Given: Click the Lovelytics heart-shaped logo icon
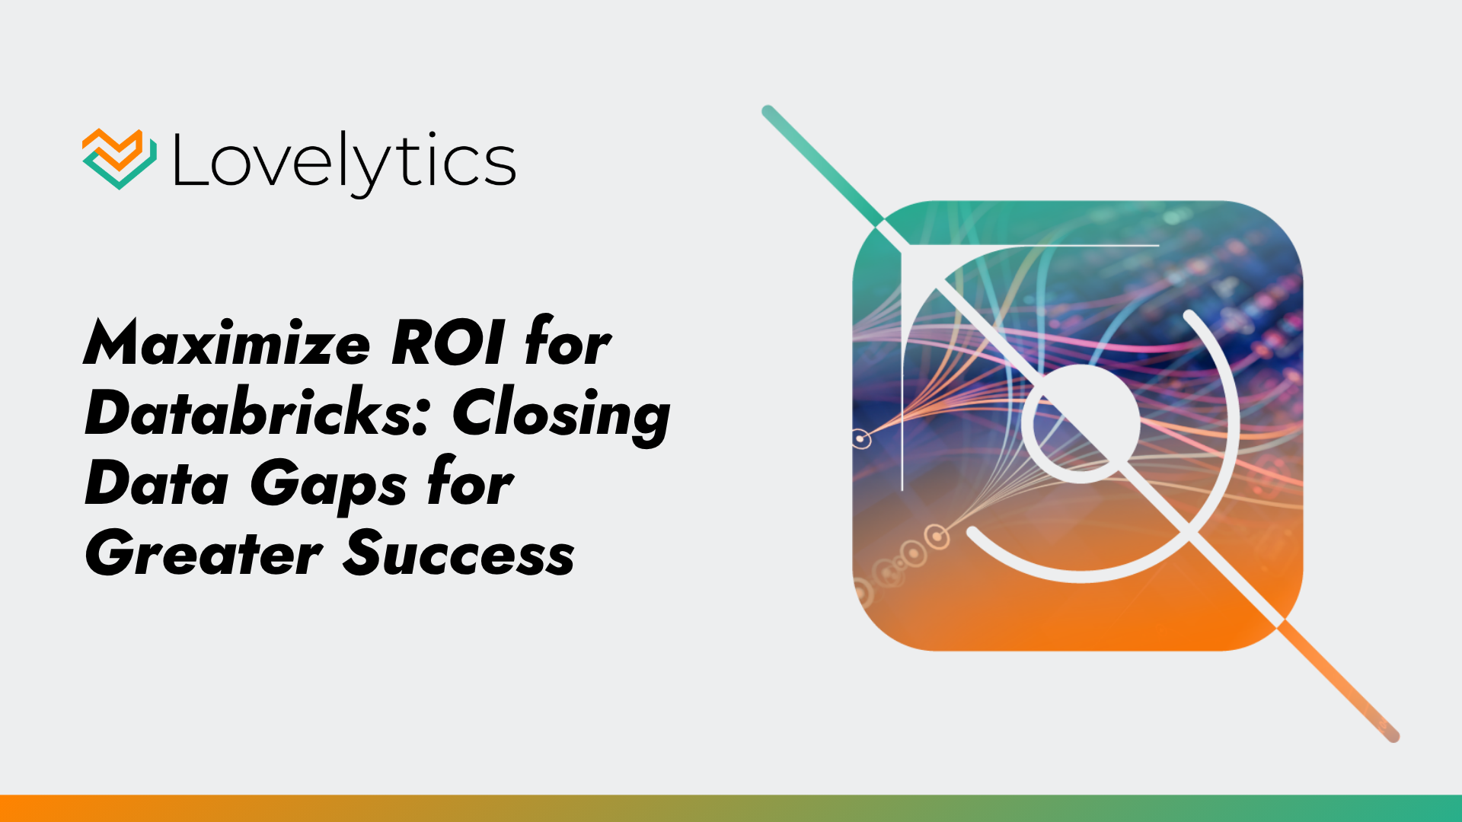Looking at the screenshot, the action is coord(120,159).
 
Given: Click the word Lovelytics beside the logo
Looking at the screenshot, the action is coord(344,162).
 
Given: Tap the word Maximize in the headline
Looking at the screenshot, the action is coord(227,344).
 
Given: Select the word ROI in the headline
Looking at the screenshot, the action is coord(447,344).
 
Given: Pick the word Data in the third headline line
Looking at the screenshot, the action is coord(157,484).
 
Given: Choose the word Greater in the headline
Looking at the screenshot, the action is coord(204,554).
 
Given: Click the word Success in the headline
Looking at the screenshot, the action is coord(458,554).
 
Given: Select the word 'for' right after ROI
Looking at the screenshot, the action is coord(568,342).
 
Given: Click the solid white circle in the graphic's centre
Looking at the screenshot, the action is coord(1081,424).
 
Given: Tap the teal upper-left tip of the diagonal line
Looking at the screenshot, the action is coord(768,111).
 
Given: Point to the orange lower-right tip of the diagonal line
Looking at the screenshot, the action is coord(1393,735).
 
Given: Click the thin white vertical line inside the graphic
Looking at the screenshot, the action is coord(902,369).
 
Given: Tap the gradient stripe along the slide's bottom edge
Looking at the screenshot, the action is coord(731,808).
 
